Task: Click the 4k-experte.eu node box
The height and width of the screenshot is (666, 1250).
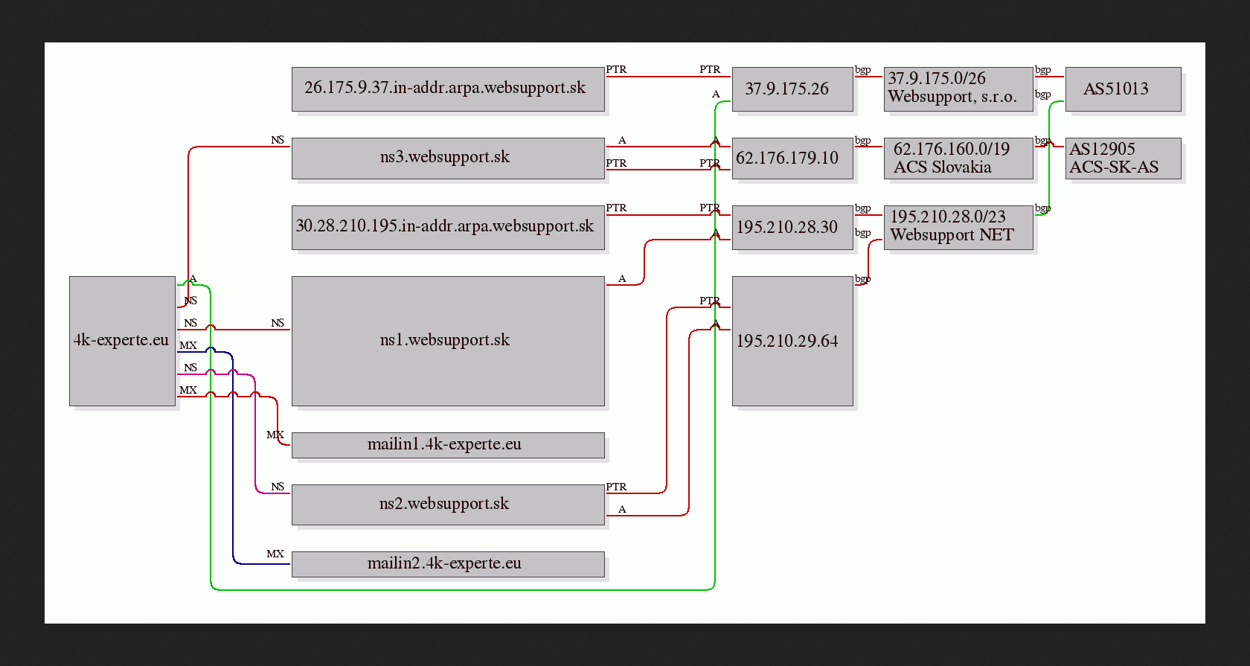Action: (122, 341)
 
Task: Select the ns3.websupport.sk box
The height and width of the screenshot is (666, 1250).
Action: (448, 159)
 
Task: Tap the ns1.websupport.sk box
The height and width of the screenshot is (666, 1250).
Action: (448, 341)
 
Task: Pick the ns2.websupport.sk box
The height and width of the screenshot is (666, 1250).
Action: (448, 505)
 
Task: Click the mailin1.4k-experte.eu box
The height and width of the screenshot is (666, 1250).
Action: (448, 446)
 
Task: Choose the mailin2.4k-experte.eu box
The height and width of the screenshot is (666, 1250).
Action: (448, 564)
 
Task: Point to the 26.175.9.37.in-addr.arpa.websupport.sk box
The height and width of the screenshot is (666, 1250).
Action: (448, 89)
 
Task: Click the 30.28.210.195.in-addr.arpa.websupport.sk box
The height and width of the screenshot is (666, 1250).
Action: (448, 228)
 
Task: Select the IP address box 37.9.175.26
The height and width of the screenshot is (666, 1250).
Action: (792, 89)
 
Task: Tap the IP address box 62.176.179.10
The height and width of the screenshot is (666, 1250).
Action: (792, 159)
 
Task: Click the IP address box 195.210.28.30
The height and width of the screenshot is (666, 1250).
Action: (792, 228)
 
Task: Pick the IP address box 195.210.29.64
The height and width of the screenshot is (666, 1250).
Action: (792, 341)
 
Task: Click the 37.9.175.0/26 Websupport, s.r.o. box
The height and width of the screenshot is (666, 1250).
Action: (958, 89)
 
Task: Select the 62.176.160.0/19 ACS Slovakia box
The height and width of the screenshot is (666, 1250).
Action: (958, 159)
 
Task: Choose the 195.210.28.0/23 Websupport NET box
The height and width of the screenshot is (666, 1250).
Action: (958, 228)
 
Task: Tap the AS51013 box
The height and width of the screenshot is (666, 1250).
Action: (1124, 89)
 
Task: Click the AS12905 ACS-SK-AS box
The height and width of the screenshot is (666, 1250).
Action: (1124, 159)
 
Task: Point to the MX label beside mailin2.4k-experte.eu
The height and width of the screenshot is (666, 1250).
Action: (275, 554)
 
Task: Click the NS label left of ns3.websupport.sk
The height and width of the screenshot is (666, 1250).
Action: (278, 140)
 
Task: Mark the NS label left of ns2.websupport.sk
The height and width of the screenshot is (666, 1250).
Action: (278, 487)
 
